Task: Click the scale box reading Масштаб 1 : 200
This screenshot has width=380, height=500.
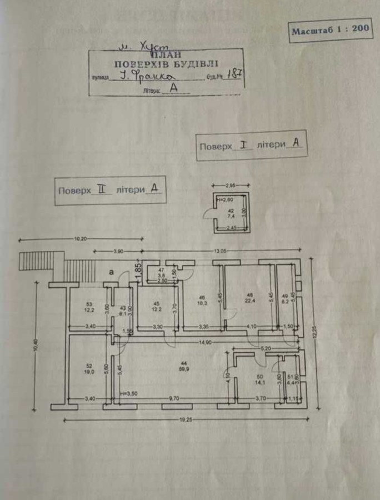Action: click(331, 30)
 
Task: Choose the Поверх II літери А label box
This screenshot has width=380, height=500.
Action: click(111, 190)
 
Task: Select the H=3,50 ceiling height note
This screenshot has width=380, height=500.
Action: click(129, 393)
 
